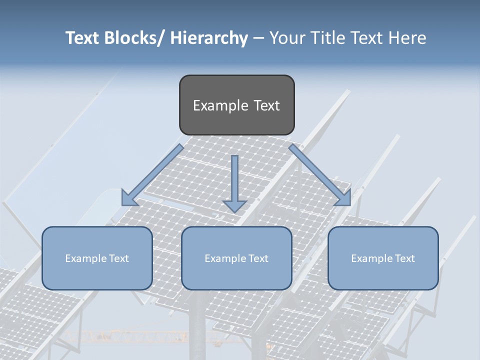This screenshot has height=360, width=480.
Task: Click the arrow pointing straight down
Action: (234, 182)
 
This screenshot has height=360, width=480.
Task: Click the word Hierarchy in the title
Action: (209, 38)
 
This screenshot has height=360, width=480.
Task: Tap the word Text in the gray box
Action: (266, 105)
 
